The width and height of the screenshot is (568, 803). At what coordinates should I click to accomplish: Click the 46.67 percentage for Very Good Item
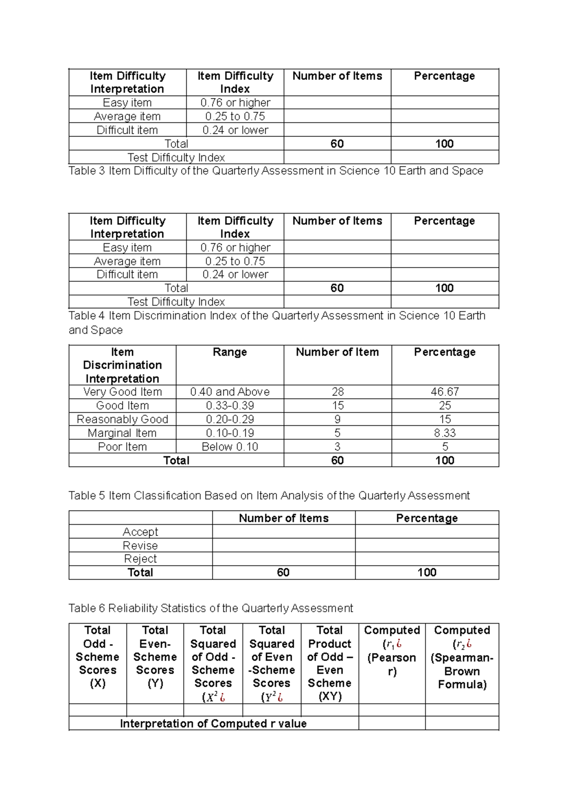(444, 392)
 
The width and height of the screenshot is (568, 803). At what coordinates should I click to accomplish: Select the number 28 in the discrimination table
(337, 392)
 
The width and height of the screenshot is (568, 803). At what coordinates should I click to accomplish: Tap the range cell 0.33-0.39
(230, 406)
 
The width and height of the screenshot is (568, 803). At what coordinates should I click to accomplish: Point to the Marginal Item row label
(122, 433)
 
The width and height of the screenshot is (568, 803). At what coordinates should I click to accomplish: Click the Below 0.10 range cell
(230, 447)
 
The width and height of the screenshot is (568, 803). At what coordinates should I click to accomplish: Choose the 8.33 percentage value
(444, 433)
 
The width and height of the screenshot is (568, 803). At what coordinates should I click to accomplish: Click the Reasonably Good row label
(122, 419)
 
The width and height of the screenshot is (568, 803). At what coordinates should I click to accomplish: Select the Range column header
(230, 352)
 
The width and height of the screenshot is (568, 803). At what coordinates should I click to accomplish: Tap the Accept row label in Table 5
(140, 532)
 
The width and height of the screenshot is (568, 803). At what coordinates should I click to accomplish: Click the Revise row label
(140, 546)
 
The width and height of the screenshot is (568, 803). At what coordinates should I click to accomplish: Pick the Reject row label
(140, 559)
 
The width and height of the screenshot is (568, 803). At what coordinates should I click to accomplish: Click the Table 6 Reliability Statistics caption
(211, 608)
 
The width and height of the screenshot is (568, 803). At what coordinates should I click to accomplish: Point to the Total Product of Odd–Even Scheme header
(329, 663)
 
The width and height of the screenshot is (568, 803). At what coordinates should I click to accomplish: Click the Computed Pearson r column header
(392, 651)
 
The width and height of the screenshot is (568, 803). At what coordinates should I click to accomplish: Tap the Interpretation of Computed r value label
(213, 724)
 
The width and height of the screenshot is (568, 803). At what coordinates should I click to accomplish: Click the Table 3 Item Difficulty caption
(275, 171)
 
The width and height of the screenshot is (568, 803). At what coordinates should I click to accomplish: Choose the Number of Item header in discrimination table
(337, 352)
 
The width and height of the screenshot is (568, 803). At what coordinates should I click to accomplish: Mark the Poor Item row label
(122, 447)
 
